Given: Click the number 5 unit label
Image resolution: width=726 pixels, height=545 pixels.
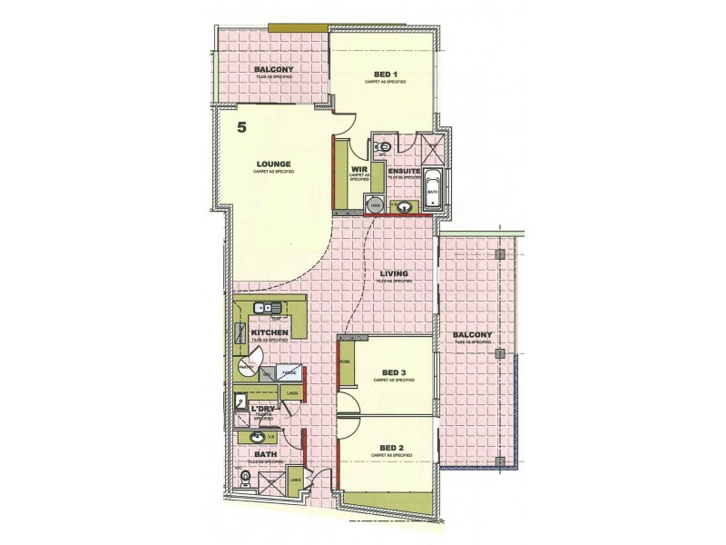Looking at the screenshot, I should tap(241, 128).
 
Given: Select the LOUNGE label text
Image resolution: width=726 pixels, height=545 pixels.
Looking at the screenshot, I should tap(272, 164).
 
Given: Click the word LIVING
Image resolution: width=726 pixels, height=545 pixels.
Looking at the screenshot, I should tap(395, 273).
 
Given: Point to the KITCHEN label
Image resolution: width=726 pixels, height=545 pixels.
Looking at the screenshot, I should tap(270, 333).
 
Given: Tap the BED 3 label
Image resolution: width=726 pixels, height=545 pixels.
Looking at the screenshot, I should tap(392, 372).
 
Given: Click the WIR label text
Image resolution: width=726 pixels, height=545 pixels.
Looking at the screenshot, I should tap(358, 170).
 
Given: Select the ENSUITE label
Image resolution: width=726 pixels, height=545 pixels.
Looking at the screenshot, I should tap(403, 170).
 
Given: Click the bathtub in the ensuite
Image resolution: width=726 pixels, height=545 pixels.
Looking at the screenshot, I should tap(434, 191).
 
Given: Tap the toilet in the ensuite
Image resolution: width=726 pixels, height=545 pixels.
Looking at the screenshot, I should tap(383, 145).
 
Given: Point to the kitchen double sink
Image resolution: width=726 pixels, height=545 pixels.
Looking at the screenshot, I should tap(265, 306).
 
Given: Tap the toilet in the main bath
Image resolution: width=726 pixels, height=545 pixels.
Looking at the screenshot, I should tap(244, 478).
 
